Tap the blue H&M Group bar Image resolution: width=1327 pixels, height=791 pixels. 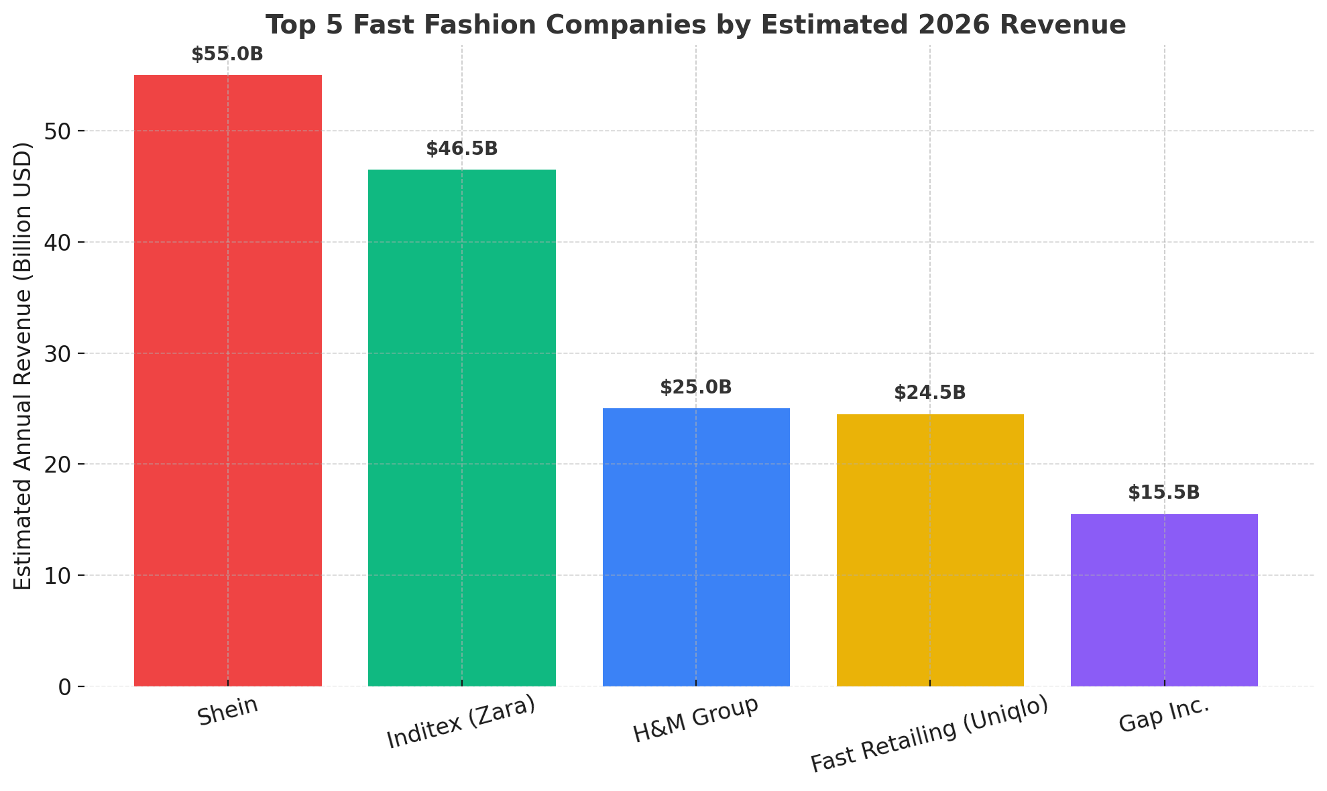[x=696, y=547]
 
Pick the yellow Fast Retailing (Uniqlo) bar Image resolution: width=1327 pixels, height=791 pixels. [x=930, y=550]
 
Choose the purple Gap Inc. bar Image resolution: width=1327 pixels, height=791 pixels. [x=1164, y=600]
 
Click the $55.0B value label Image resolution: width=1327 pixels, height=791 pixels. [x=227, y=54]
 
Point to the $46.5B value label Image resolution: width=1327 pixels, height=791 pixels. [x=461, y=149]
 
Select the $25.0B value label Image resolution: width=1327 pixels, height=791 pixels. [x=696, y=387]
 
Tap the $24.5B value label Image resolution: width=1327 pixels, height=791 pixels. [x=930, y=393]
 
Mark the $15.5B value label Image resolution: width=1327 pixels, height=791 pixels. [x=1164, y=493]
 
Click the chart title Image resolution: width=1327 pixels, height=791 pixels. [x=695, y=25]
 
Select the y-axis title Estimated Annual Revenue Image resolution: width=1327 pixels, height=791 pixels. [x=23, y=366]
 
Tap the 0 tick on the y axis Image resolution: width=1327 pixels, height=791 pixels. [x=66, y=687]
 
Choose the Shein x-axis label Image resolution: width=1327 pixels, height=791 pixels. [x=228, y=712]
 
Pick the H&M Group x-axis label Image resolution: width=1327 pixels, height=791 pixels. [x=696, y=719]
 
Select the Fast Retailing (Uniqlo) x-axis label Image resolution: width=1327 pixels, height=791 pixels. [x=929, y=736]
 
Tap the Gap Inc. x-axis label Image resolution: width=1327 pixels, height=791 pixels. [x=1164, y=715]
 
